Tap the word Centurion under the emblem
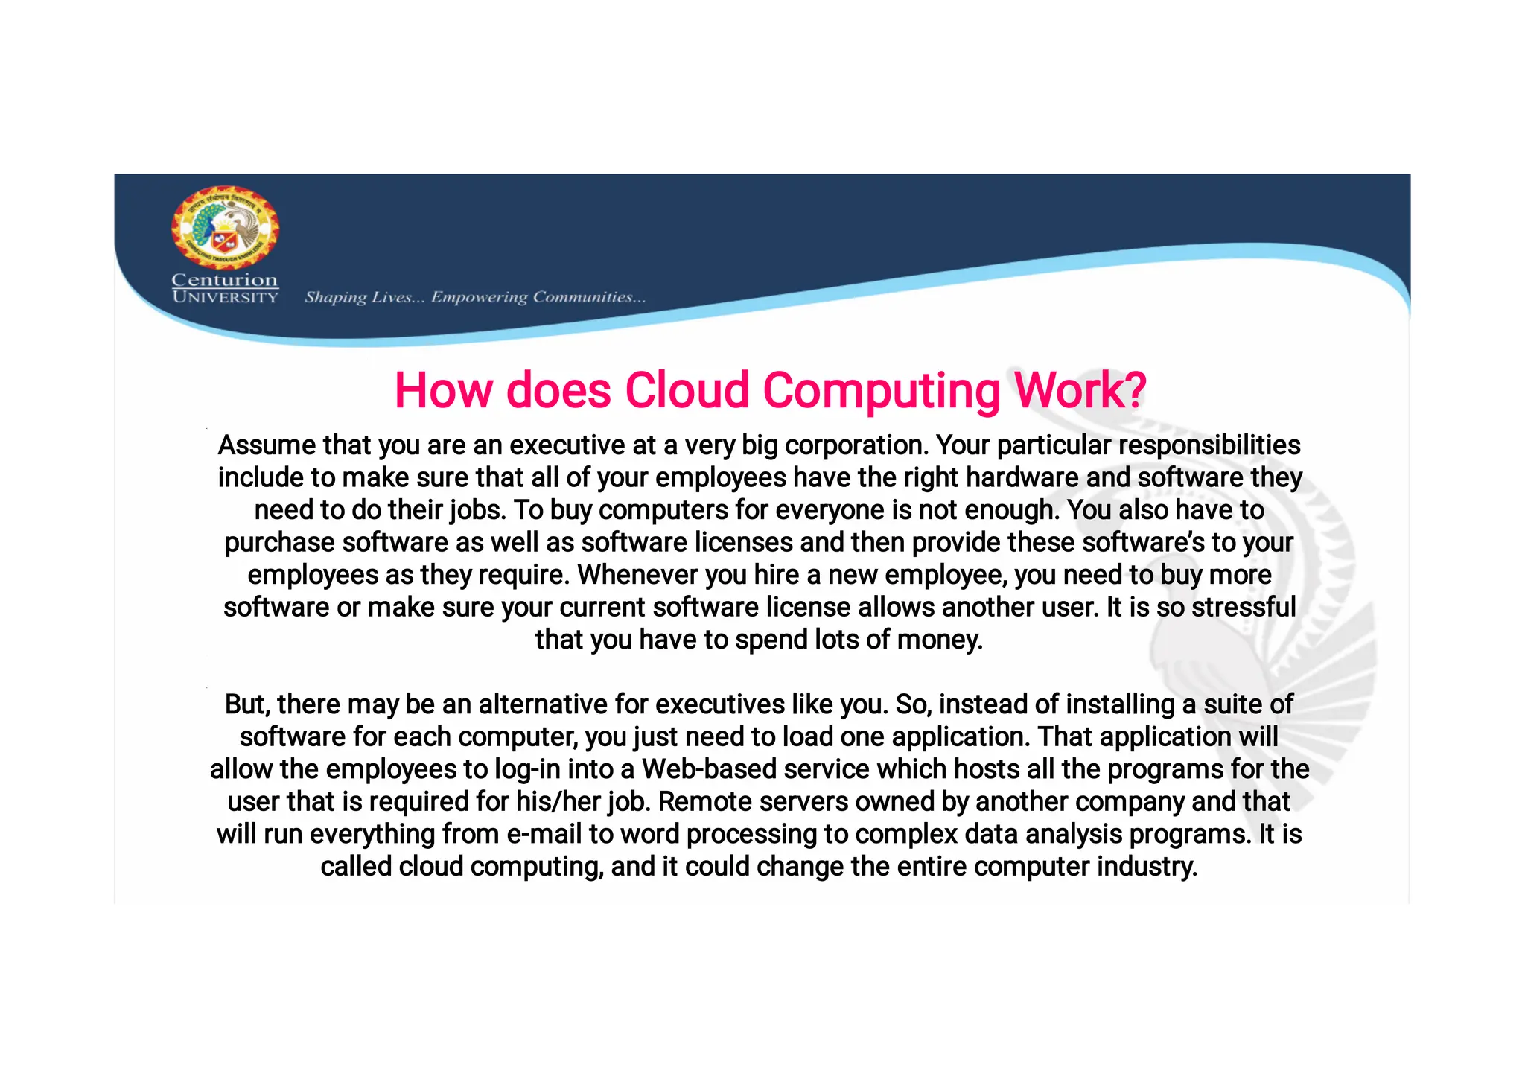tap(224, 280)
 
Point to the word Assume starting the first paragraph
tap(267, 445)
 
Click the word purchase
tap(279, 543)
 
